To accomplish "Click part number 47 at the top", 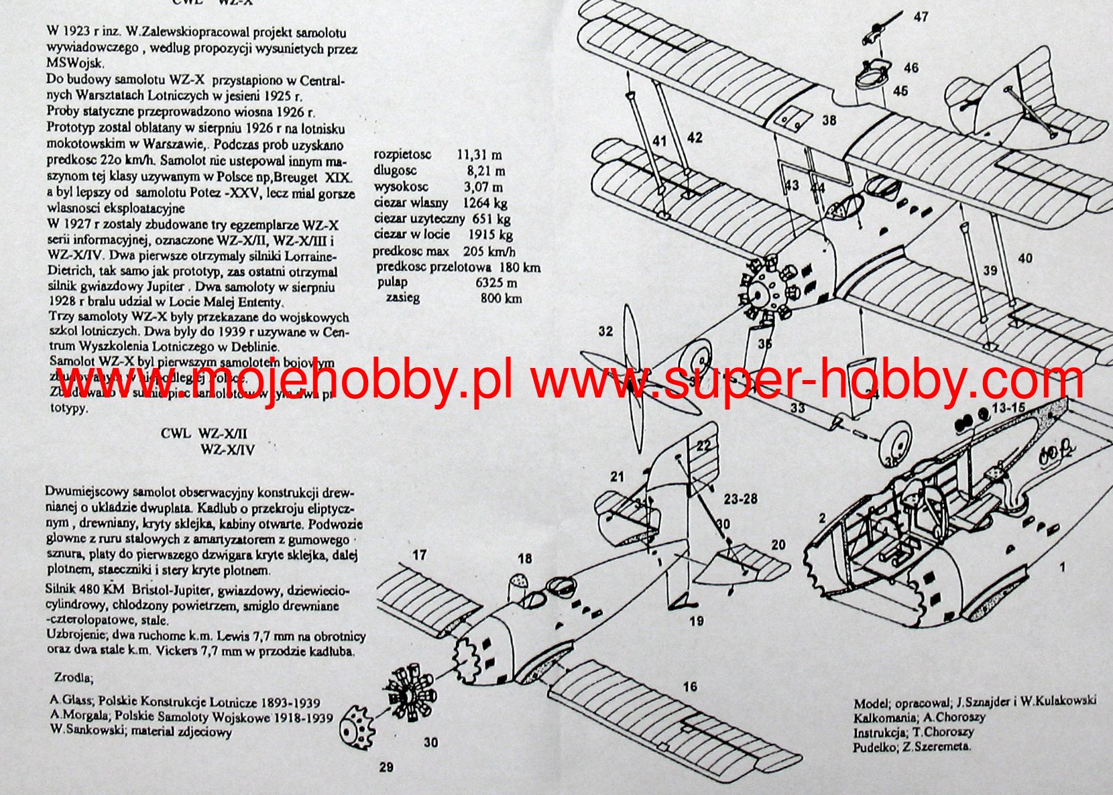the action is (x=921, y=15).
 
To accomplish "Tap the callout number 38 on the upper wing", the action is (x=829, y=121).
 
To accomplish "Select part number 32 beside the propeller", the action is (x=605, y=331).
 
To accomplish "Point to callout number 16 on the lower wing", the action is (x=690, y=686).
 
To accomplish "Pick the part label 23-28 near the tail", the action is (x=740, y=499).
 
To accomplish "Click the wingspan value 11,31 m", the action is (x=479, y=155).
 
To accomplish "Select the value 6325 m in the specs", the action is (x=496, y=282).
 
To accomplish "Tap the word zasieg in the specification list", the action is (x=402, y=298).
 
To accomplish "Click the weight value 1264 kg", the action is (x=485, y=202).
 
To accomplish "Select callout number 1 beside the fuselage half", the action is (x=1061, y=568).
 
